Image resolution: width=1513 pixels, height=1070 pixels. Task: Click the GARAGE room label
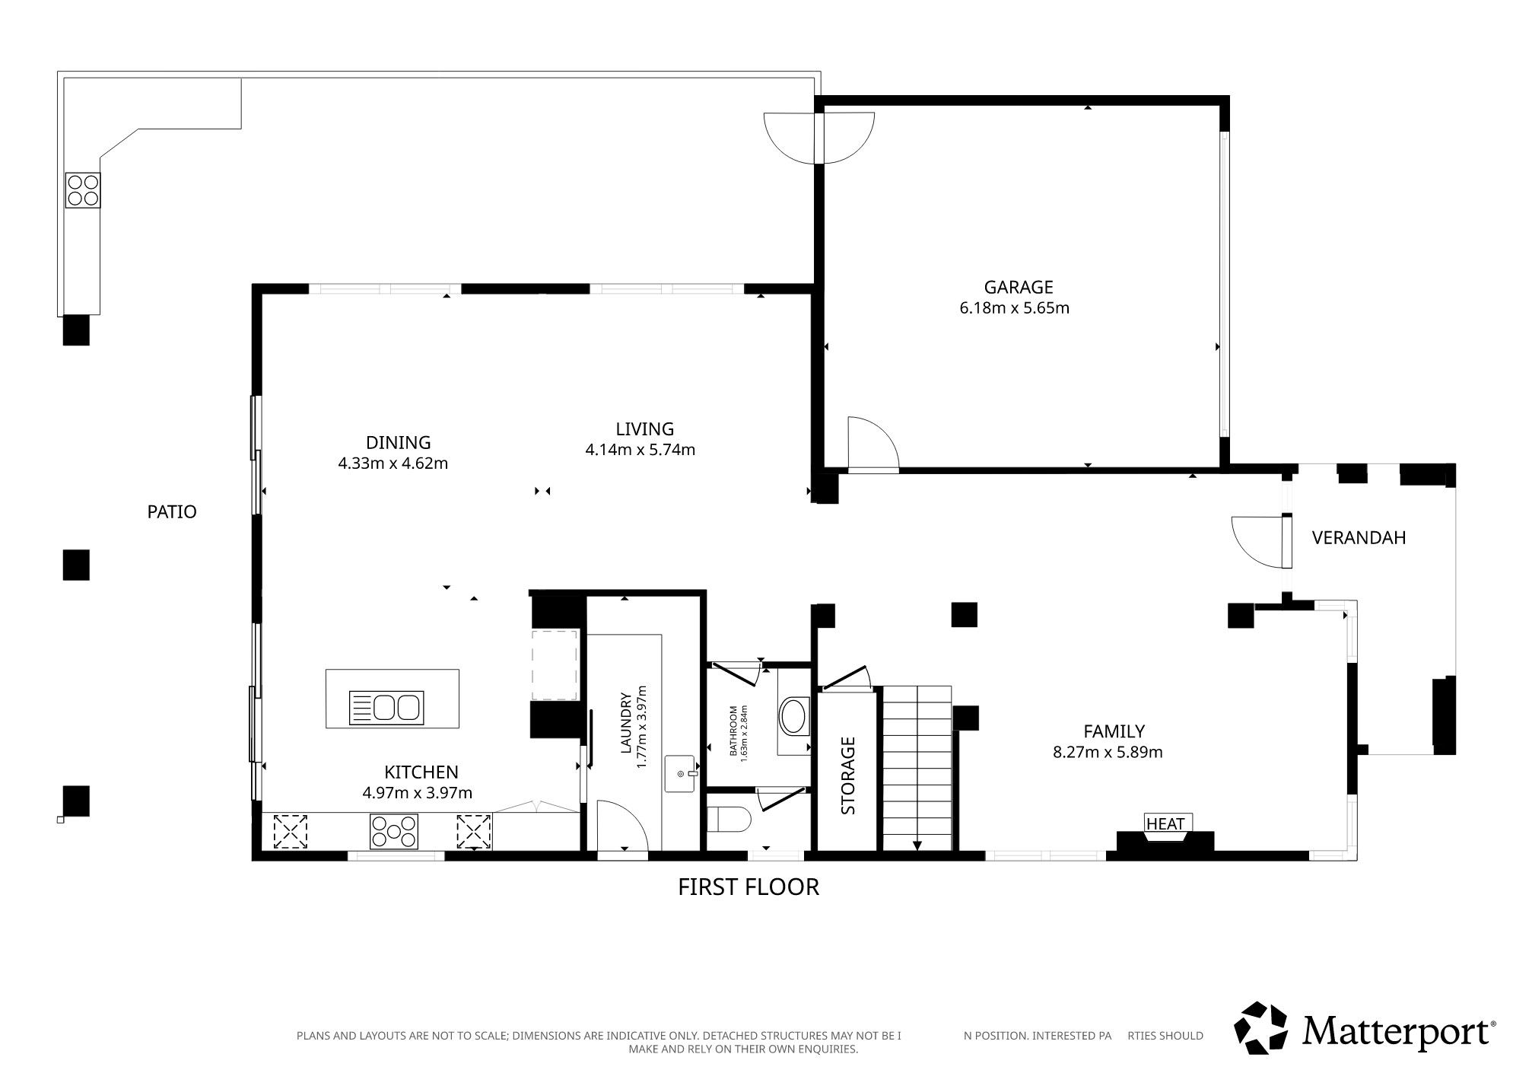tap(1018, 287)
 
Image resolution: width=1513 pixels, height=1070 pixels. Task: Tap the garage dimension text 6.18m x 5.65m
tap(1015, 308)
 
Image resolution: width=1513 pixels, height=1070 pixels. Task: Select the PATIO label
tap(172, 512)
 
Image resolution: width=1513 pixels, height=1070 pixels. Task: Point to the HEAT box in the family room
tap(1165, 823)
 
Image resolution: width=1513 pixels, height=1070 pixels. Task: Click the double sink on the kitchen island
tap(386, 708)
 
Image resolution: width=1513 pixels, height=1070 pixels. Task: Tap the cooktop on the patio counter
tap(83, 190)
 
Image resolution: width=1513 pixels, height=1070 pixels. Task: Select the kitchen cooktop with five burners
tap(393, 831)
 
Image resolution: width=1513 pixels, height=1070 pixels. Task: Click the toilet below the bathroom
tap(729, 820)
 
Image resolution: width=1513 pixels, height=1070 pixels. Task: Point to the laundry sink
tap(680, 773)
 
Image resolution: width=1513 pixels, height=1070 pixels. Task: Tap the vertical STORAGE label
tap(848, 775)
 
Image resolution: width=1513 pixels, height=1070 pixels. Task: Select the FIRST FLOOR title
tap(749, 887)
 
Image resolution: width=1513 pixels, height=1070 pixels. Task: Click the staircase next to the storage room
tap(917, 768)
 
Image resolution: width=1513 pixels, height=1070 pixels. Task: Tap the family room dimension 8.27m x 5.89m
tap(1108, 753)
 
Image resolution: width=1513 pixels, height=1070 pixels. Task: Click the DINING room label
tap(398, 442)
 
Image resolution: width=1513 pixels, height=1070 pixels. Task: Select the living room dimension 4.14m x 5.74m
tap(640, 450)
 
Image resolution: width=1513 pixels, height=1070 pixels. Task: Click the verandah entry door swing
tap(1258, 542)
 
